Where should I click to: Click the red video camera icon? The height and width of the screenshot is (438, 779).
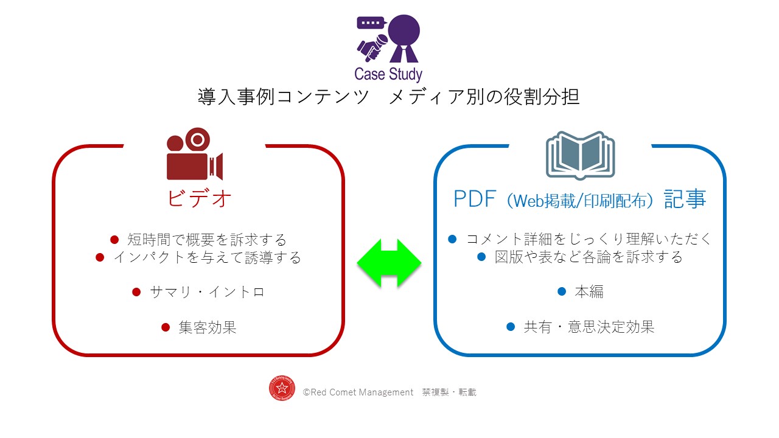[194, 154]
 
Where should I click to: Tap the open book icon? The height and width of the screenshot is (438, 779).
[580, 155]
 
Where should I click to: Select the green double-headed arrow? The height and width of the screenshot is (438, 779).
[389, 263]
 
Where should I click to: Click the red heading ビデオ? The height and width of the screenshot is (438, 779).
[199, 198]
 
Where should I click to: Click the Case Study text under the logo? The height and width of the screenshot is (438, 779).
[388, 74]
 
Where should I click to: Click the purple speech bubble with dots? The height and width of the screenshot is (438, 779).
[371, 23]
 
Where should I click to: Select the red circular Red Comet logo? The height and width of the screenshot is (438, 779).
[282, 388]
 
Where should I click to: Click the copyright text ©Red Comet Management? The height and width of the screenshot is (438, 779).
[358, 392]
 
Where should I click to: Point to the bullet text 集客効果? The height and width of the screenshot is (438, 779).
[208, 327]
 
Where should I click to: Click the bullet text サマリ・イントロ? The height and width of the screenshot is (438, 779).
[207, 292]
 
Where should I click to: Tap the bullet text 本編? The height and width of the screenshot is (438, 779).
[589, 291]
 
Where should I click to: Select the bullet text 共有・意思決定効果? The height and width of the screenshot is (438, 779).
[589, 327]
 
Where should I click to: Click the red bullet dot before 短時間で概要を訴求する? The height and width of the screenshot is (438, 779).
[114, 240]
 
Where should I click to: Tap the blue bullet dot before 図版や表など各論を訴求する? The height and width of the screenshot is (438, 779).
[481, 257]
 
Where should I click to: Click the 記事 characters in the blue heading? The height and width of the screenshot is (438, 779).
[685, 199]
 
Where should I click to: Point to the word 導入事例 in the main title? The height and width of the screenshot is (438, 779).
[237, 97]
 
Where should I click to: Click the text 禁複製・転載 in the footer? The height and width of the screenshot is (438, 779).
[449, 392]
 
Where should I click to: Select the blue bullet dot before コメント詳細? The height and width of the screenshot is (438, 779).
[452, 239]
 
